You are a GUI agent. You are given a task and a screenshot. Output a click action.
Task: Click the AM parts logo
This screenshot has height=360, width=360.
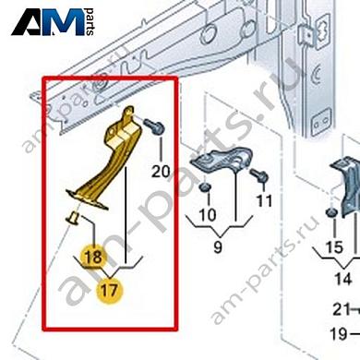click(x=53, y=22)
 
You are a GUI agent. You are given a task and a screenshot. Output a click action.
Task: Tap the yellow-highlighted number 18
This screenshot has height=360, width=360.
click(x=93, y=257)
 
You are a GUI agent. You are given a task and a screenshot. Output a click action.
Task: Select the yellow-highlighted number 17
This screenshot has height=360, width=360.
click(x=110, y=291)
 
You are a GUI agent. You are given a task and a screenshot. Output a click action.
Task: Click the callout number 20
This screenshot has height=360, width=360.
click(x=161, y=172)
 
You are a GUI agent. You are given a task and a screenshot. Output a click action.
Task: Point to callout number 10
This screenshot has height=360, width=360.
click(x=208, y=215)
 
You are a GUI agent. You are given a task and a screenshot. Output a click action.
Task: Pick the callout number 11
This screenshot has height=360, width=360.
click(x=265, y=201)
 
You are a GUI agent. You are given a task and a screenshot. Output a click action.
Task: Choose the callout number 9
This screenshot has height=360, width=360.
click(x=218, y=246)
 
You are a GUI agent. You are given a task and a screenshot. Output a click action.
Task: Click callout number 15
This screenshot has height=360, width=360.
click(x=334, y=247)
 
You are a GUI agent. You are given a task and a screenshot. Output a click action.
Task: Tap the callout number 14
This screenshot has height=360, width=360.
click(x=342, y=279)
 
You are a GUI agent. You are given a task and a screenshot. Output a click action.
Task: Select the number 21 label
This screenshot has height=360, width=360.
click(x=342, y=309)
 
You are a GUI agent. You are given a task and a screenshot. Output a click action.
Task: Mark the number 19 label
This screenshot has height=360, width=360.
click(x=339, y=334)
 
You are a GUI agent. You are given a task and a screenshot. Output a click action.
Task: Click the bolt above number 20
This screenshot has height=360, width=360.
click(x=154, y=126)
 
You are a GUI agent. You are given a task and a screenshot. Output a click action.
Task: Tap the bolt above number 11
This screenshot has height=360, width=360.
click(x=259, y=176)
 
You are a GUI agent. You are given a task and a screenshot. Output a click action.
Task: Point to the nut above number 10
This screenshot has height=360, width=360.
click(x=204, y=187)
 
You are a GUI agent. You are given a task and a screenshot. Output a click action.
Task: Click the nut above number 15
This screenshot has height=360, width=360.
click(x=331, y=212)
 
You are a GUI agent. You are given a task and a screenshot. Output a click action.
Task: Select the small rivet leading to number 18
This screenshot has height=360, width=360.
click(x=73, y=218)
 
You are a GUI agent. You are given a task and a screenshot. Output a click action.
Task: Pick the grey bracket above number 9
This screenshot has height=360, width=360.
click(x=222, y=160)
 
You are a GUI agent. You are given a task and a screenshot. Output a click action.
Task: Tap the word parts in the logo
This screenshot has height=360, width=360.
click(x=90, y=21)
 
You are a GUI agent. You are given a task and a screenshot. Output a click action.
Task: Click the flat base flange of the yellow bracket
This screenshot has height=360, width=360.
click(x=87, y=200)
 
